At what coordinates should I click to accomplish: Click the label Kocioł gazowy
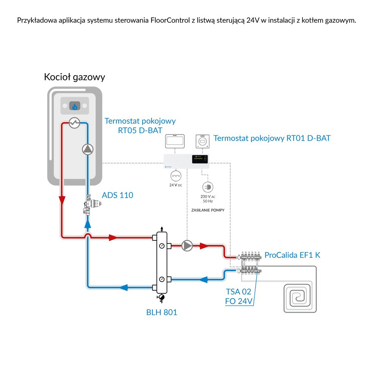(x=74, y=77)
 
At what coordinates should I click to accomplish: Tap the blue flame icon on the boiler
(x=74, y=107)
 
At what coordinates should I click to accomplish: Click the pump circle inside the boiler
(x=87, y=150)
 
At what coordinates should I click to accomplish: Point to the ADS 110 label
(x=118, y=195)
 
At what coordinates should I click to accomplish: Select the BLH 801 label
(x=161, y=313)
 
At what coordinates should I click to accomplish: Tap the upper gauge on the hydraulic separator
(x=162, y=246)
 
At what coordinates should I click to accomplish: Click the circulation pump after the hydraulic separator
(x=187, y=246)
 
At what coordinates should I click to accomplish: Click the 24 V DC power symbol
(x=176, y=176)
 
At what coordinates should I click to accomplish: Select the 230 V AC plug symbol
(x=208, y=186)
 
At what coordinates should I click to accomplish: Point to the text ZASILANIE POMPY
(x=208, y=210)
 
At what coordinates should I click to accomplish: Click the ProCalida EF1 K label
(x=292, y=255)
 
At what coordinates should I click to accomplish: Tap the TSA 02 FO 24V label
(x=239, y=297)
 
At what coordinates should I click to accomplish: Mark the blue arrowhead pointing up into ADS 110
(x=88, y=224)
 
